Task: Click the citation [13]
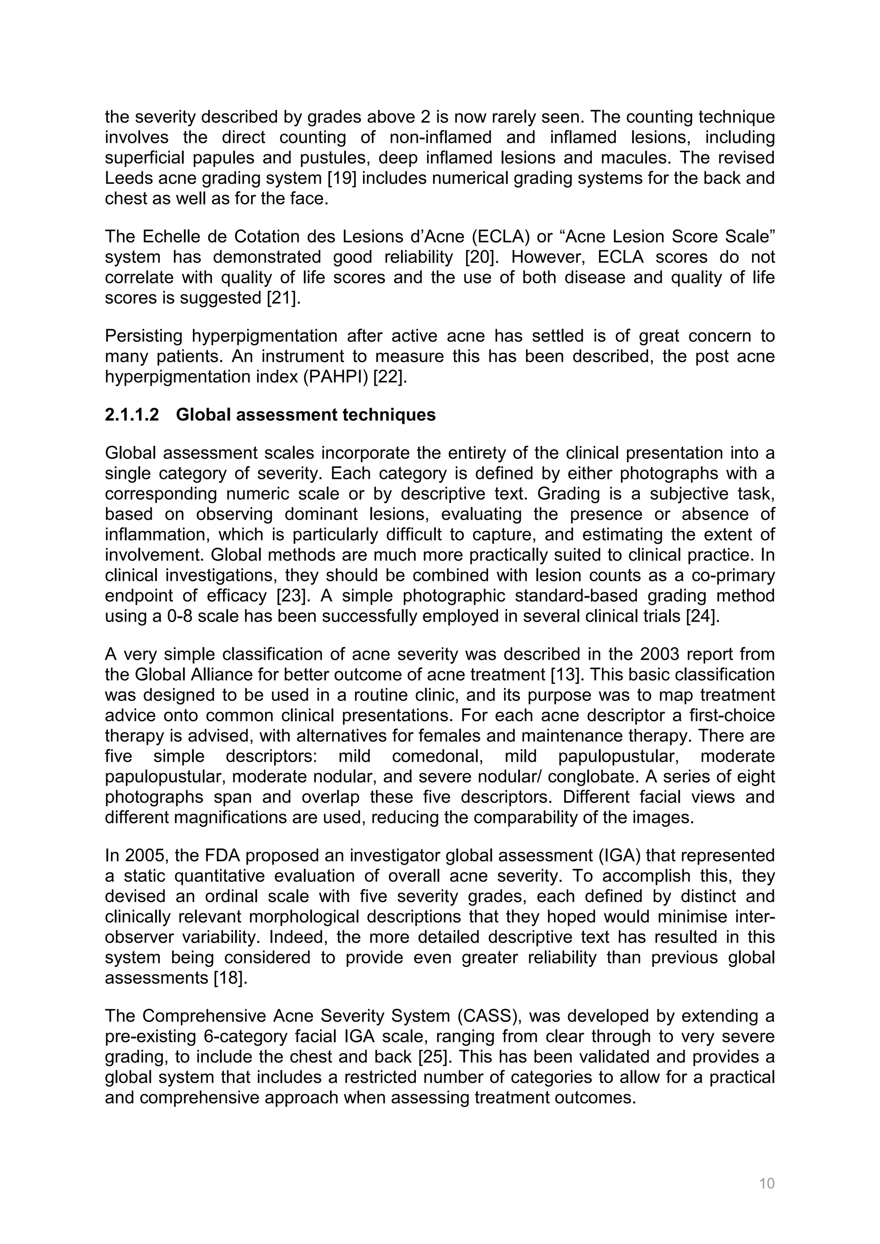567,675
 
